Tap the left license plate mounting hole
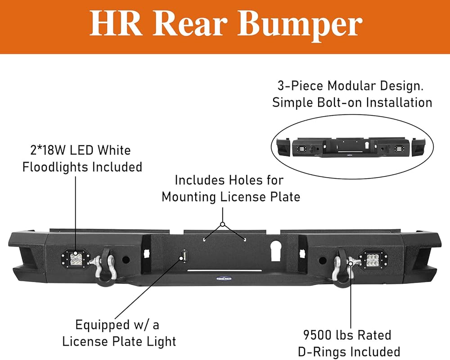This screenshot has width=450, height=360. (x=204, y=239)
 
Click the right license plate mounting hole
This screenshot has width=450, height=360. (x=245, y=239)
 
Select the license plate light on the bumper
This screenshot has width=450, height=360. (x=184, y=255)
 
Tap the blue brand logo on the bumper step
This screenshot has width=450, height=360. (x=224, y=278)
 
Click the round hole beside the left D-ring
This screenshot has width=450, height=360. (x=126, y=260)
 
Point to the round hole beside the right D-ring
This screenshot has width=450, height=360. (x=323, y=261)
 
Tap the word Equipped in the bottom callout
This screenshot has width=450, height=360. (x=103, y=325)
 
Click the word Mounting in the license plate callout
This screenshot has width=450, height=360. (x=189, y=197)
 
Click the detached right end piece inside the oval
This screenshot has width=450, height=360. (x=418, y=147)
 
